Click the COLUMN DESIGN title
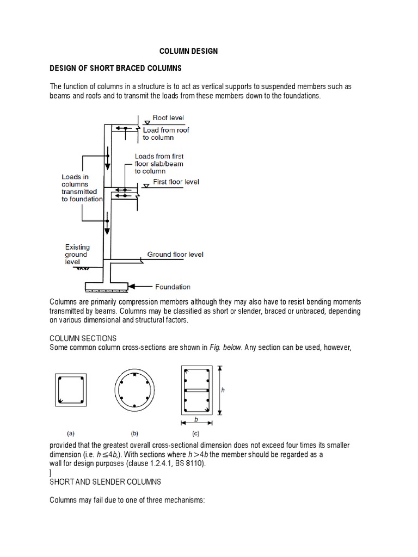[x=188, y=51]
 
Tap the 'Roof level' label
[x=168, y=117]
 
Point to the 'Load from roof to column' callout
[x=166, y=134]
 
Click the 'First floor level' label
[x=176, y=182]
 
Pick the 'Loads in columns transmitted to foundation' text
[x=82, y=188]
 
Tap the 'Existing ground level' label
[x=77, y=254]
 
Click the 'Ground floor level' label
[x=175, y=255]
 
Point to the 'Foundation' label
[x=173, y=287]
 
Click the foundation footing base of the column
[x=107, y=286]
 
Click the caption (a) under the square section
[x=71, y=434]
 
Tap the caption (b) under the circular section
[x=134, y=434]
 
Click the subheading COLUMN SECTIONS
[x=83, y=338]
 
